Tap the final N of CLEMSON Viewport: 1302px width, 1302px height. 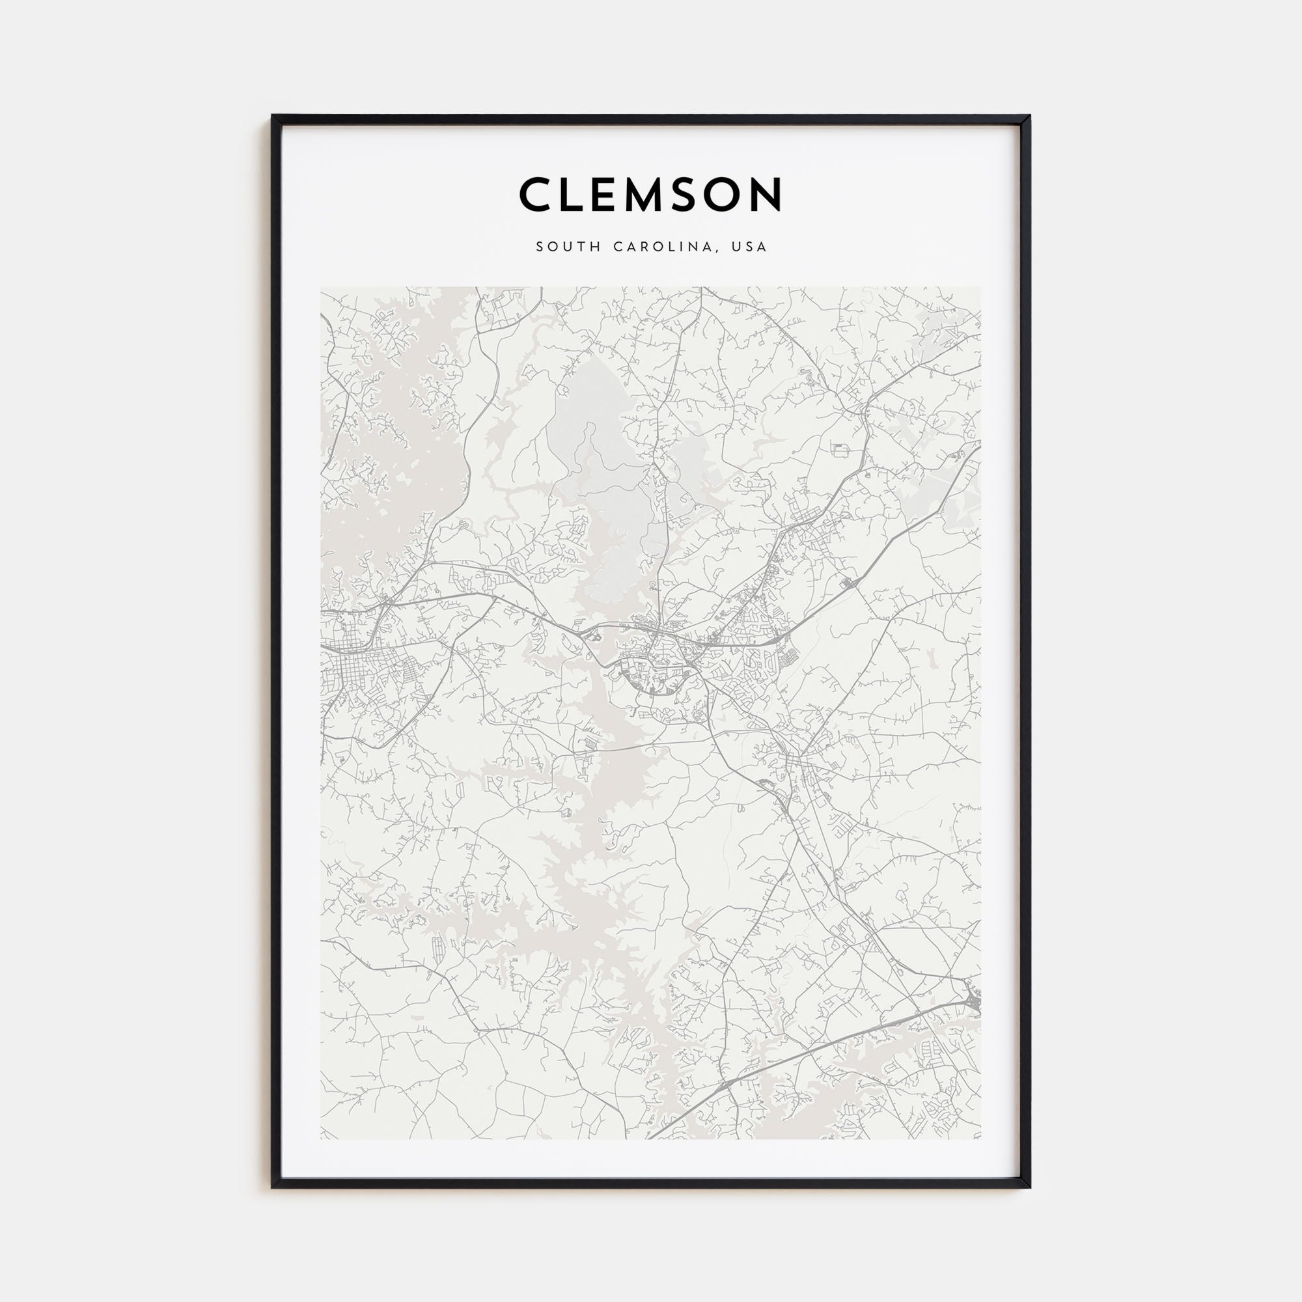tap(768, 194)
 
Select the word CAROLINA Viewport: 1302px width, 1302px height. tap(662, 247)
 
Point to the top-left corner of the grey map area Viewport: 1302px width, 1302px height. tap(322, 288)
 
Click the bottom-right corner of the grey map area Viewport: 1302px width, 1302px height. tap(980, 1138)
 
